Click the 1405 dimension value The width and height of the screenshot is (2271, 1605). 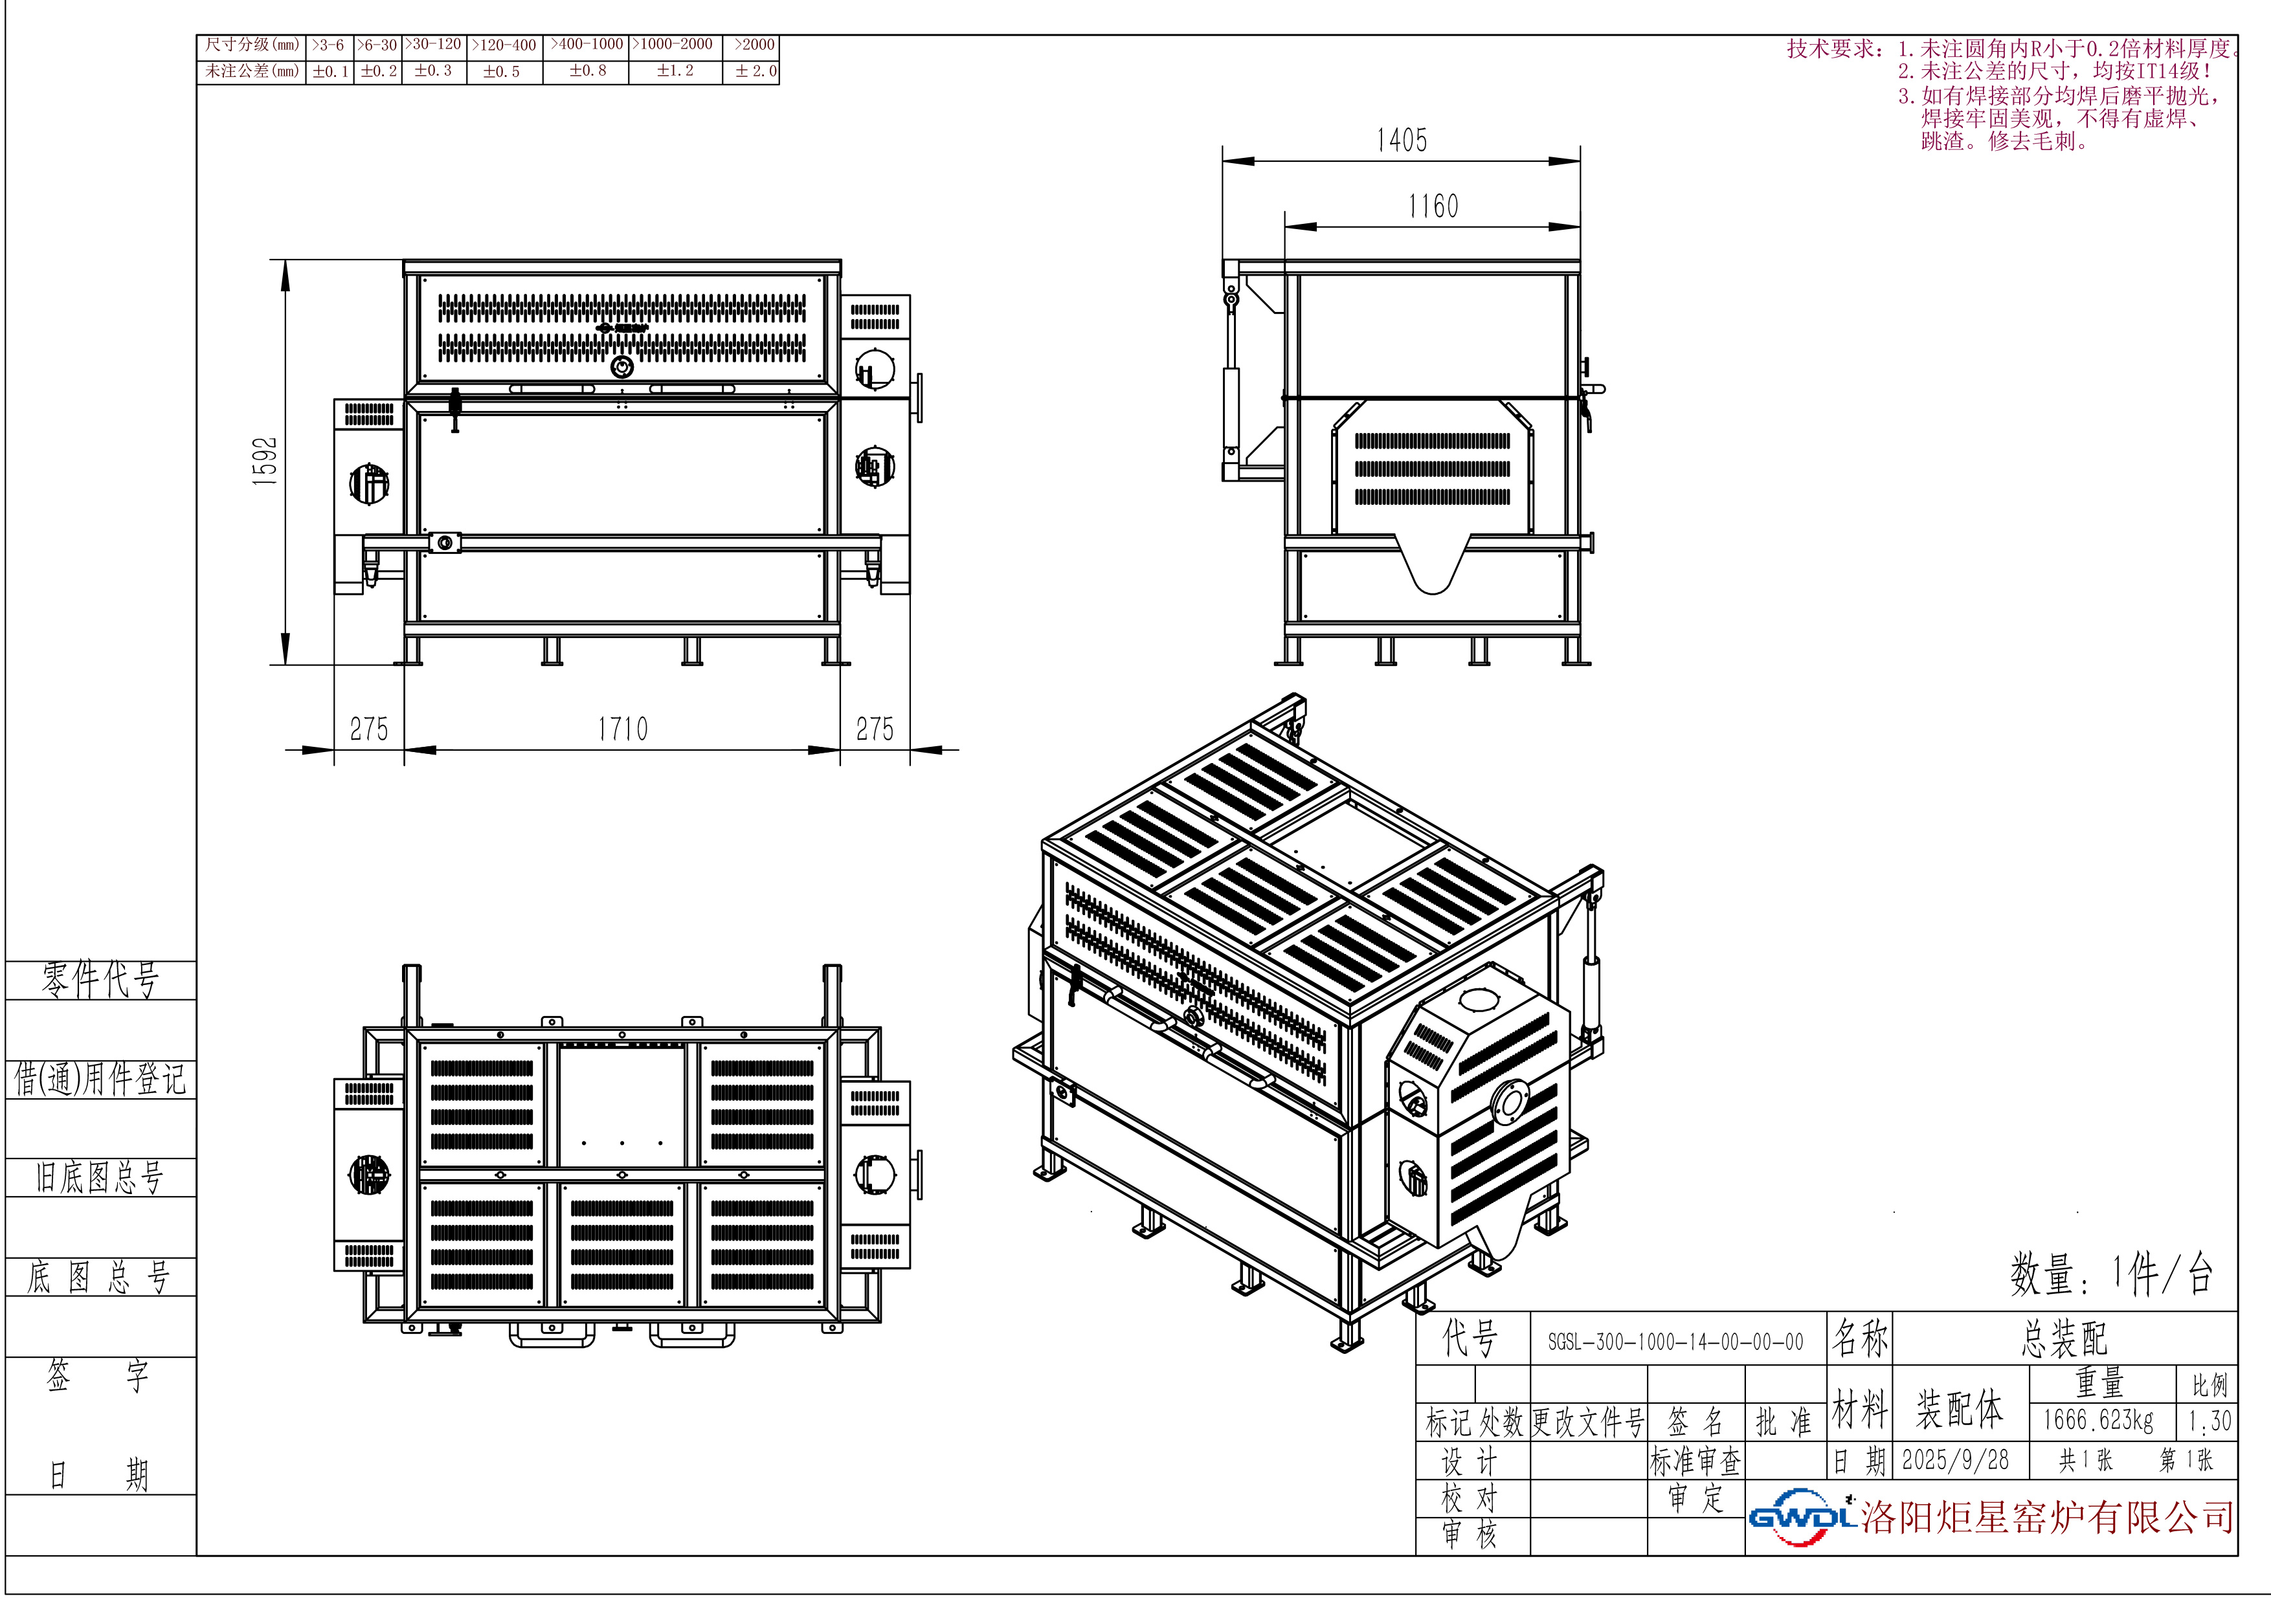(1402, 140)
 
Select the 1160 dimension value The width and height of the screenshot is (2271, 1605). (1433, 206)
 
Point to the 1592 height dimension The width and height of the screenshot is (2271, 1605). (265, 461)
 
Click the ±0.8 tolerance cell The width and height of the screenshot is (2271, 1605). (588, 71)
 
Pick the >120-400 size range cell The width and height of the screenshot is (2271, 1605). (504, 45)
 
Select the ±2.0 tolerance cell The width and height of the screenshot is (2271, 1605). (755, 71)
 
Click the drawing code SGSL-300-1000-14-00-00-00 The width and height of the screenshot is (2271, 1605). (1675, 1342)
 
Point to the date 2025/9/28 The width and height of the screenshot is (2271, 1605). (1956, 1459)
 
